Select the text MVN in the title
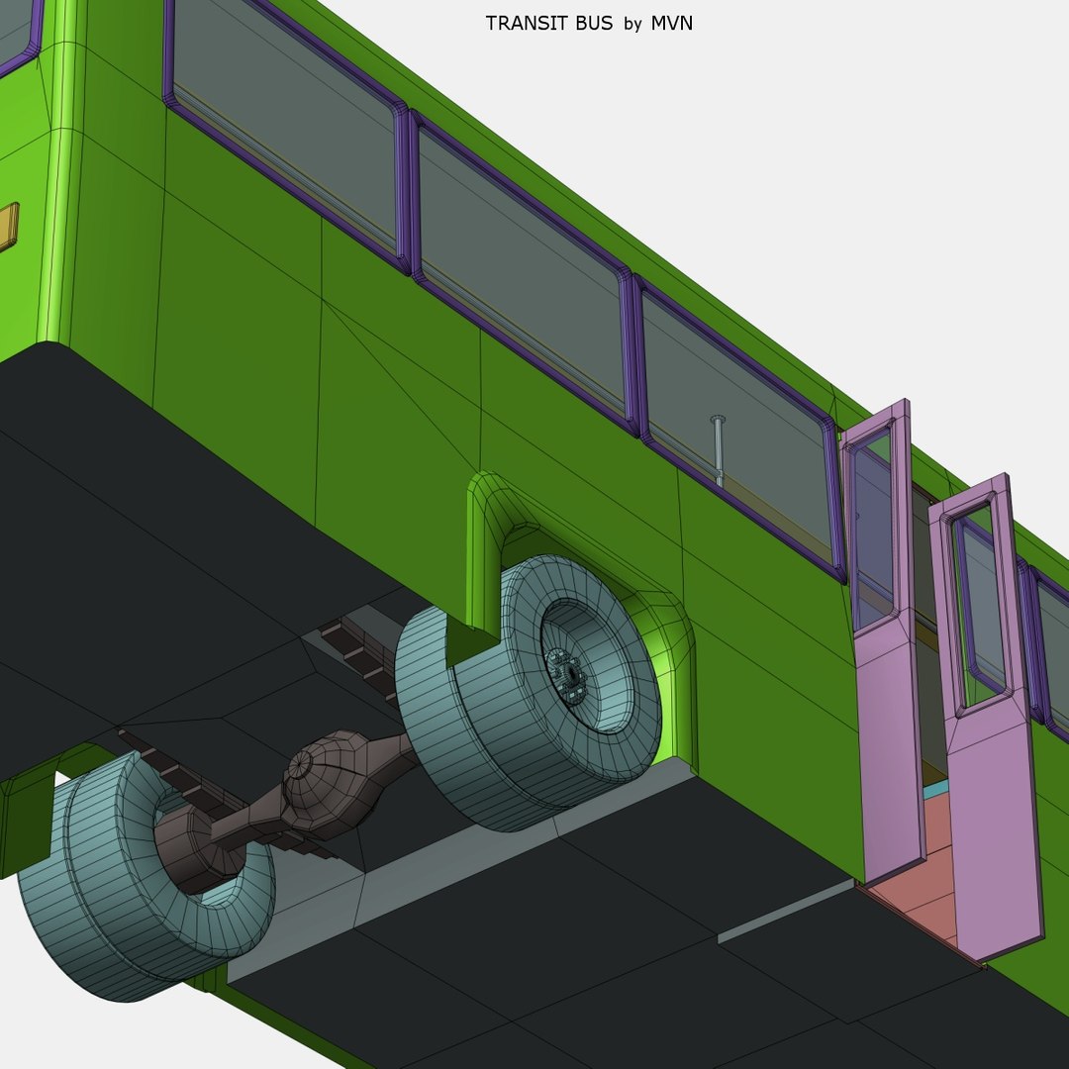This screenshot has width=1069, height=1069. coord(671,23)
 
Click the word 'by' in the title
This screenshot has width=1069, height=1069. coord(632,24)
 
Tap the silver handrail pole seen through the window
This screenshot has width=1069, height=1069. coord(719,450)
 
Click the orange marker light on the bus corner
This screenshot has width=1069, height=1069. coord(8,227)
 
